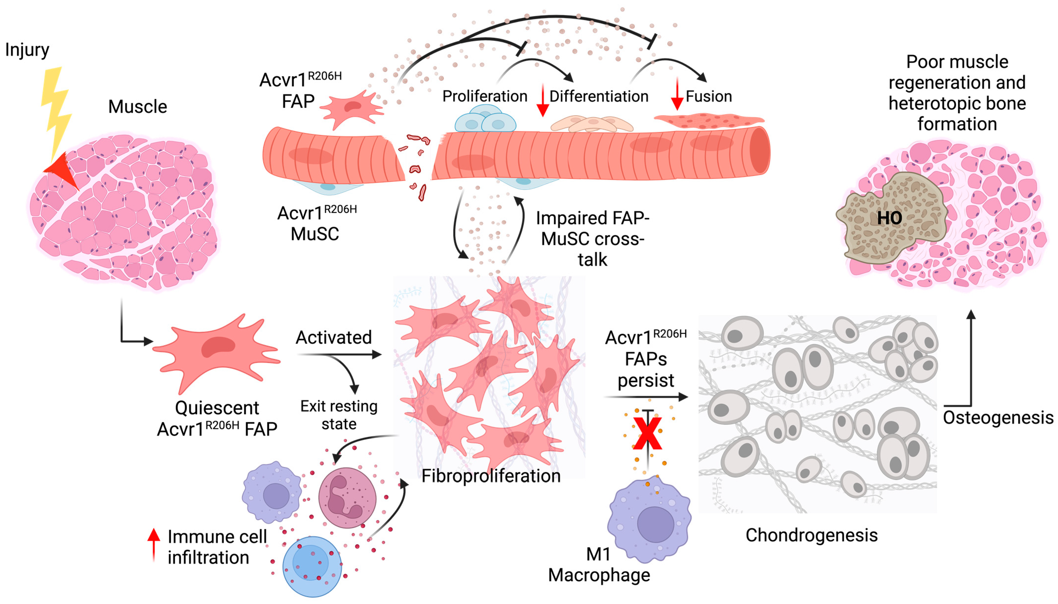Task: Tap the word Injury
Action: tap(27, 50)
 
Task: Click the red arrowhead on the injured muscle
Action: tap(62, 170)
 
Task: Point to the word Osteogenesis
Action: tap(998, 417)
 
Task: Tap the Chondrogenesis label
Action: tap(811, 535)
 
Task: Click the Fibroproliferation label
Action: tap(491, 476)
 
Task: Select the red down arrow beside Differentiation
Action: tap(542, 100)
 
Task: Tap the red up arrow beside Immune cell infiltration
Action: tap(153, 543)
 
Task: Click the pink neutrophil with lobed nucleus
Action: tap(346, 498)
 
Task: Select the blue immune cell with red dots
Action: tap(312, 566)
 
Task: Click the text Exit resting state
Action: tap(338, 415)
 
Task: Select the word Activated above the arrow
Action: tap(333, 337)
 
